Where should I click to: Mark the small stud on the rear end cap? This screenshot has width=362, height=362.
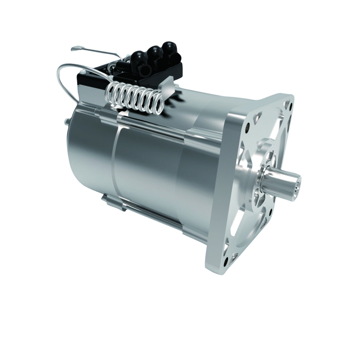tap(67, 121)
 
